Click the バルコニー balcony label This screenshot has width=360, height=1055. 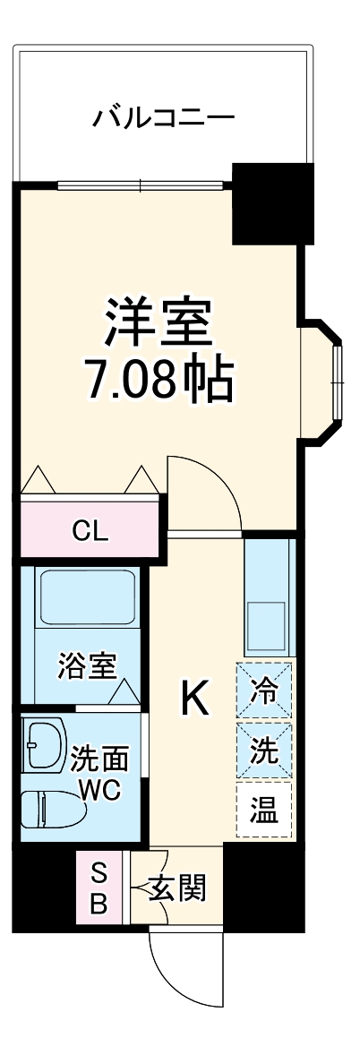point(164,117)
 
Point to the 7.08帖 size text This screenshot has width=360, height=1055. point(159,381)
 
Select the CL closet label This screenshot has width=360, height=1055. point(90,532)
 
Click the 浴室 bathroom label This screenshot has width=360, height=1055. point(87,666)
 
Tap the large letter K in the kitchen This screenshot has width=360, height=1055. point(195,699)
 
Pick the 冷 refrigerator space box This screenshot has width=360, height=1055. point(264,690)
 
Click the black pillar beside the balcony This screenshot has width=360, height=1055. point(272,203)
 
